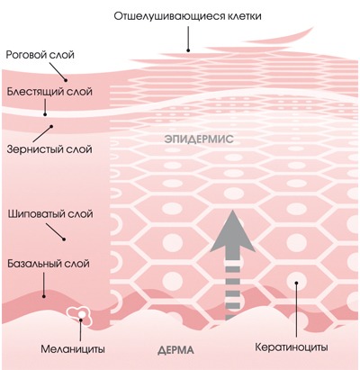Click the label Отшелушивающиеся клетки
[187, 16]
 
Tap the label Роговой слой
[40, 55]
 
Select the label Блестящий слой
[49, 92]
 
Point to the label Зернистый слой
[49, 149]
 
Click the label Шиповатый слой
[50, 214]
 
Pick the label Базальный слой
[49, 264]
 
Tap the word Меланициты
[73, 349]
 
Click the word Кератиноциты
[292, 347]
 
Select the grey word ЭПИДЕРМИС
[199, 140]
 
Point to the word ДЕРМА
[175, 350]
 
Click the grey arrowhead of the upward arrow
[232, 231]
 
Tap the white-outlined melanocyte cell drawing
[79, 316]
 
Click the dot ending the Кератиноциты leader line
[296, 283]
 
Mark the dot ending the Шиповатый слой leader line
[64, 239]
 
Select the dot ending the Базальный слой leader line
[44, 296]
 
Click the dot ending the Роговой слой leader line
[66, 80]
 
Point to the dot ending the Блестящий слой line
[45, 114]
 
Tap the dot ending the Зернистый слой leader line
[51, 126]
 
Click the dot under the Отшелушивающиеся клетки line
[188, 50]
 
